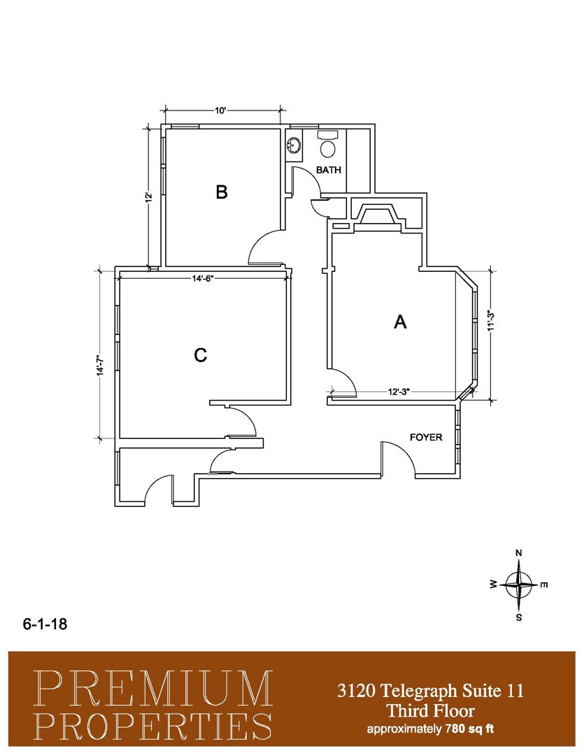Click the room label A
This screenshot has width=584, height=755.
(x=400, y=322)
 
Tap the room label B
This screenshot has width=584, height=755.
(x=221, y=192)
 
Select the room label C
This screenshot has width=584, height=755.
(x=201, y=355)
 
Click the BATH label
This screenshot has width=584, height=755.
(x=329, y=170)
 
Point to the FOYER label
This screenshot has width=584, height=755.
(x=426, y=437)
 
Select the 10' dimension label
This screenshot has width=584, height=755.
(x=220, y=110)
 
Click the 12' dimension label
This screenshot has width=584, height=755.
(x=150, y=197)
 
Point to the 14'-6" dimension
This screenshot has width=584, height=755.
(x=202, y=278)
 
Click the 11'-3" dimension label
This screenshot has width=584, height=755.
(x=491, y=321)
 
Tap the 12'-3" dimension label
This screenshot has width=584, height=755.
(x=399, y=392)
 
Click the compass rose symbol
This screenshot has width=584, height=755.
(x=518, y=584)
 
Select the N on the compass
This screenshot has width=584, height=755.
(x=519, y=553)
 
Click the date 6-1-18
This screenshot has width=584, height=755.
(x=45, y=624)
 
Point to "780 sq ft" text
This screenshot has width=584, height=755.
(x=469, y=728)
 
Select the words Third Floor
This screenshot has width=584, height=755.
(x=431, y=711)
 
